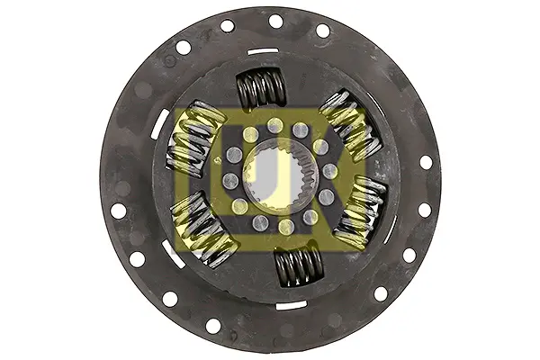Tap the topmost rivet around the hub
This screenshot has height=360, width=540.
275,124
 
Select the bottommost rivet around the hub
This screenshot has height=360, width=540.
286,227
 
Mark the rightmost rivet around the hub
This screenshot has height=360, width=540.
330,170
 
